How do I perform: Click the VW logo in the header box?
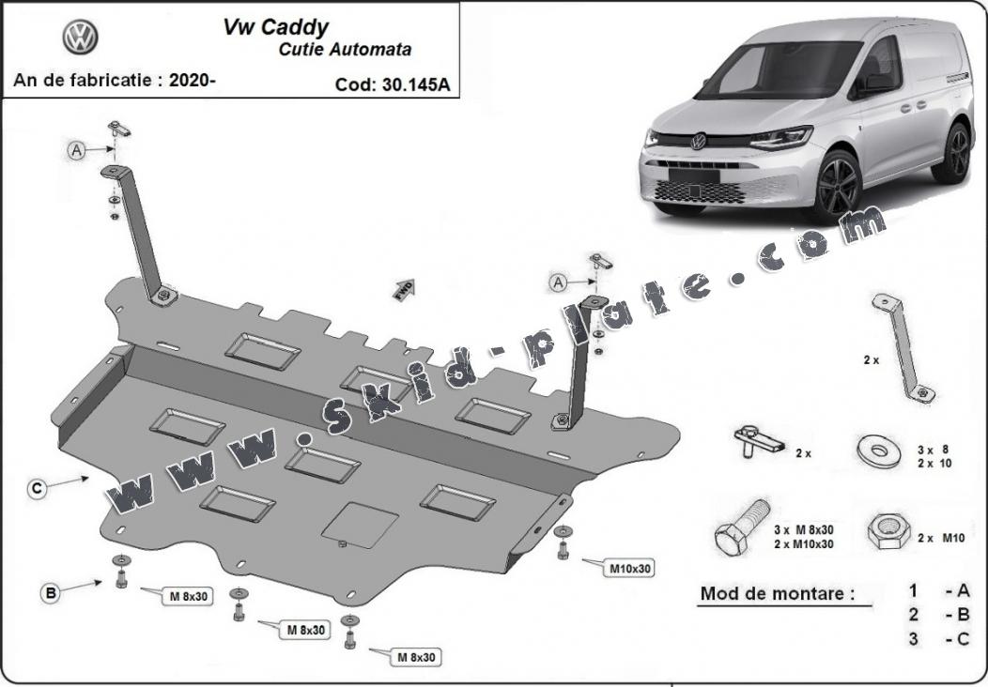click(80, 37)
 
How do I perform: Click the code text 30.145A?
click(416, 84)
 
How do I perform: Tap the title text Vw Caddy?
click(275, 28)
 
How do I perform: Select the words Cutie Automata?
click(345, 50)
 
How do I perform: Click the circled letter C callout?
click(38, 488)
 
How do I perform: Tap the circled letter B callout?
click(51, 592)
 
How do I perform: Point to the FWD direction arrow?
click(404, 289)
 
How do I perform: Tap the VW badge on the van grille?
click(698, 141)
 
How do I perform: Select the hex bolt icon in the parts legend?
click(742, 527)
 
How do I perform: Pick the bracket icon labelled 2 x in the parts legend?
click(903, 349)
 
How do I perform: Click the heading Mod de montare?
click(778, 593)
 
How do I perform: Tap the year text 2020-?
click(193, 81)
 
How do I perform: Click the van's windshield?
click(780, 69)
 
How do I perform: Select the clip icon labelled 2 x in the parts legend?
click(759, 441)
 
